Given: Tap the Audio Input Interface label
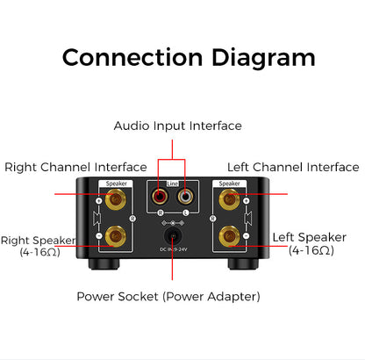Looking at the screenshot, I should pyautogui.click(x=177, y=126).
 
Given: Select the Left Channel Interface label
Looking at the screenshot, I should pyautogui.click(x=293, y=167).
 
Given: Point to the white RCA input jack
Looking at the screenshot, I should pyautogui.click(x=185, y=198).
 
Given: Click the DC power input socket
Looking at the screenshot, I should pyautogui.click(x=174, y=234).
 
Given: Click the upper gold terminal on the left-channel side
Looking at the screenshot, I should pyautogui.click(x=231, y=201).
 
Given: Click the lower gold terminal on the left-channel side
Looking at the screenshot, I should pyautogui.click(x=231, y=234).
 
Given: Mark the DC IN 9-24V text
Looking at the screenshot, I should pyautogui.click(x=174, y=253).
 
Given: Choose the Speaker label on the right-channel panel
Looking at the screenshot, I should pyautogui.click(x=116, y=184).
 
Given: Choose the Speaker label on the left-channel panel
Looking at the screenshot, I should pyautogui.click(x=231, y=184).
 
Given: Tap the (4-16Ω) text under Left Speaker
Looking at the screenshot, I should pyautogui.click(x=311, y=250).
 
